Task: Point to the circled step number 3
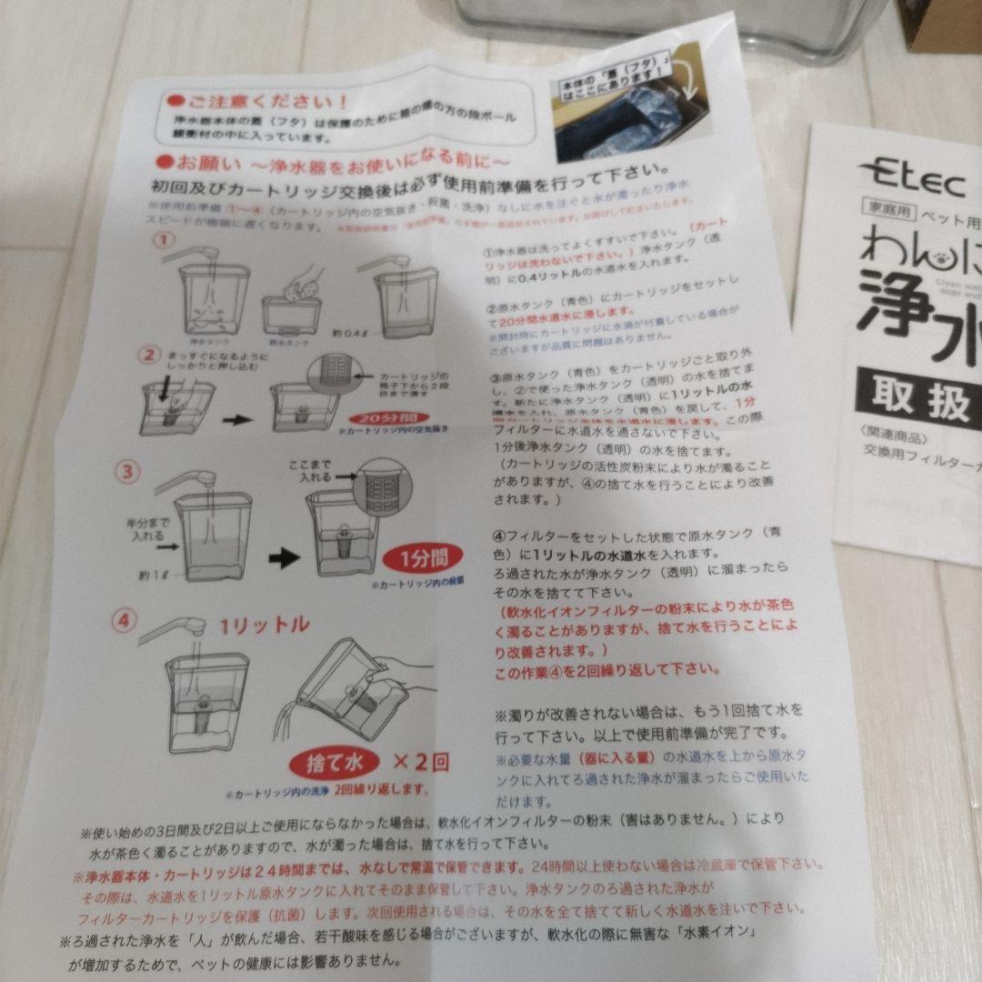pos(130,471)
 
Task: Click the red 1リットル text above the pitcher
pos(264,625)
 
